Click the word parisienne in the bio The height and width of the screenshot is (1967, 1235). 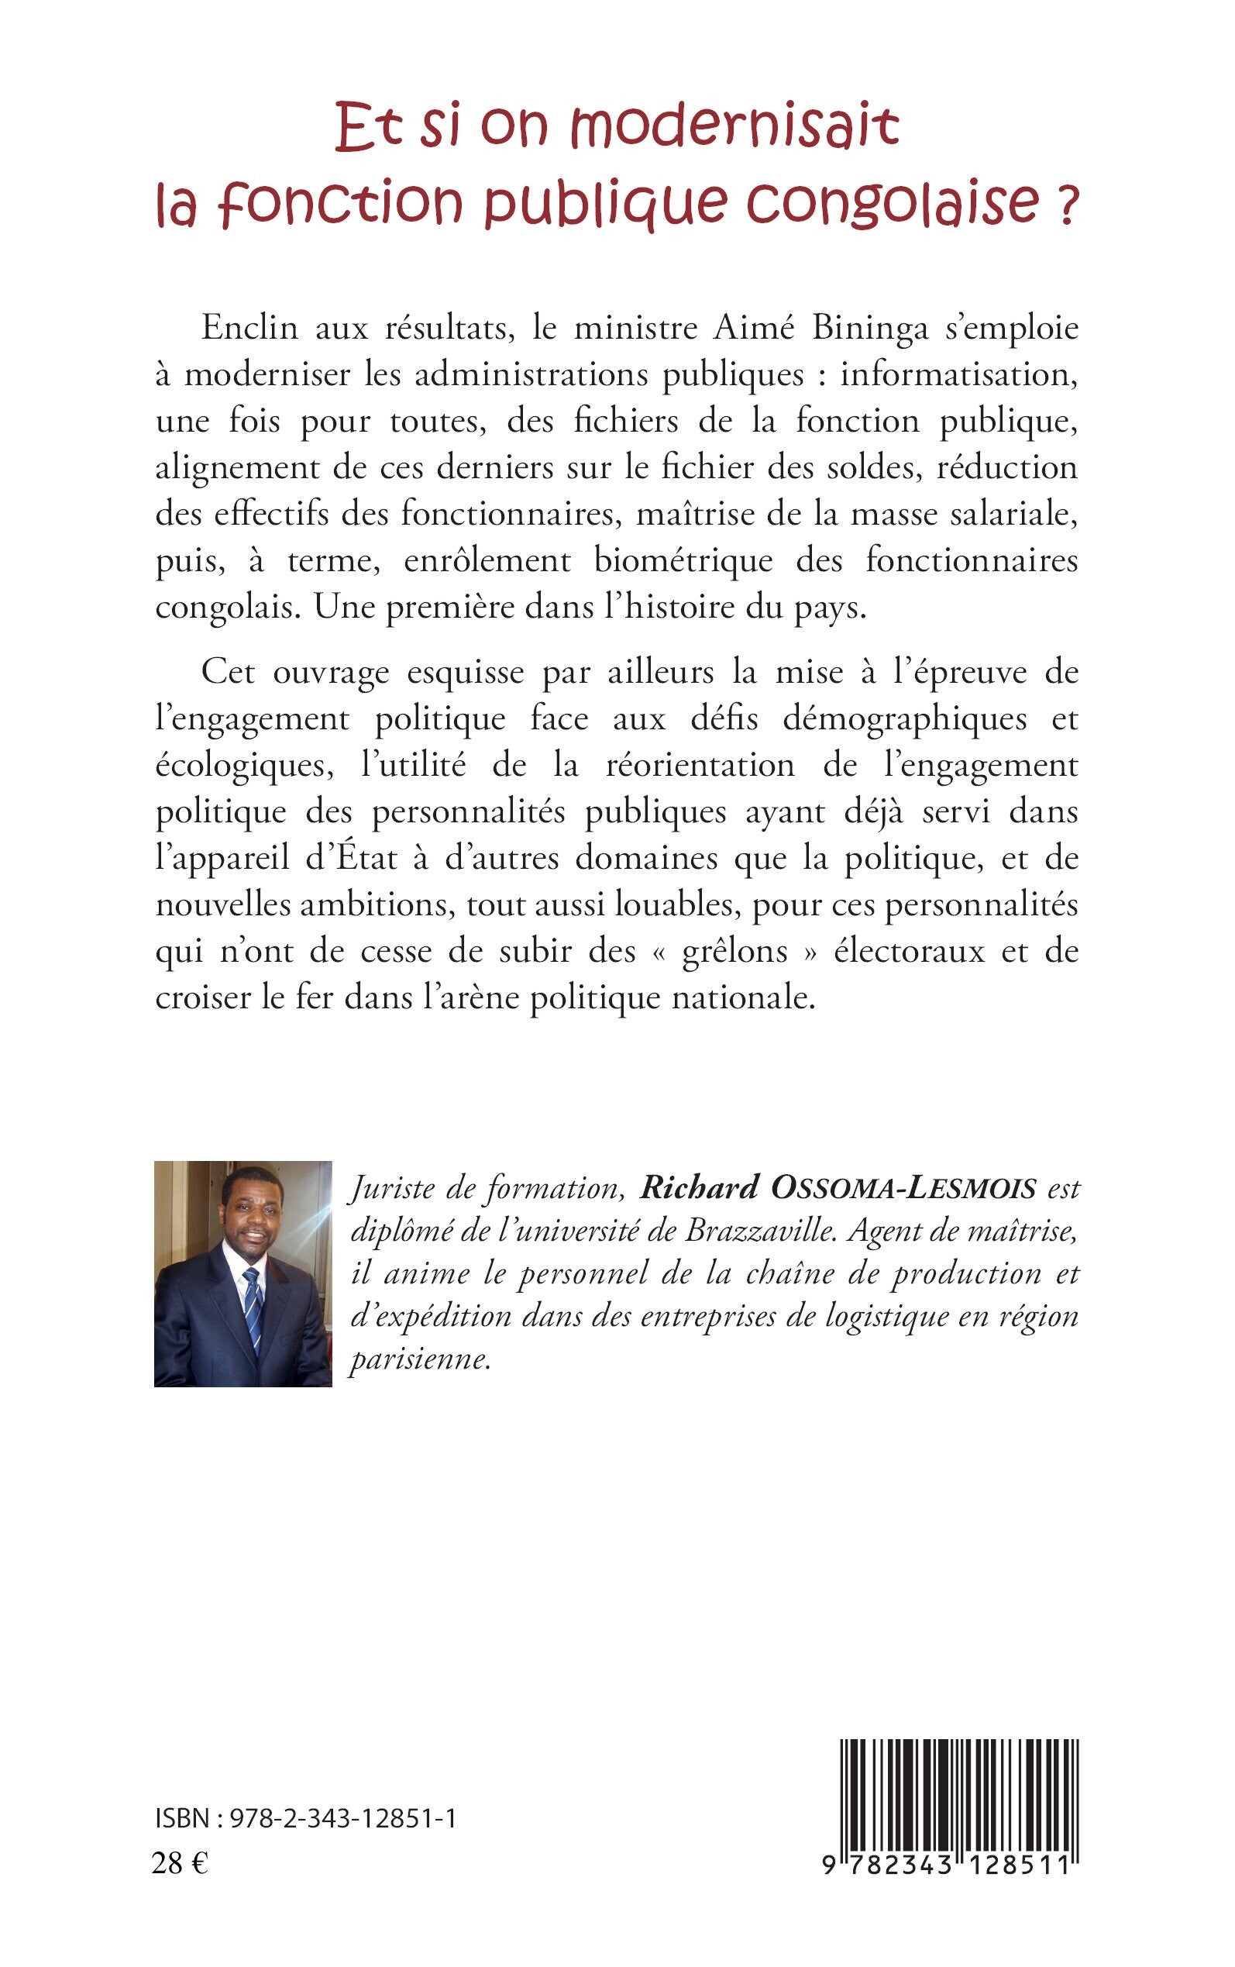coord(420,1359)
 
